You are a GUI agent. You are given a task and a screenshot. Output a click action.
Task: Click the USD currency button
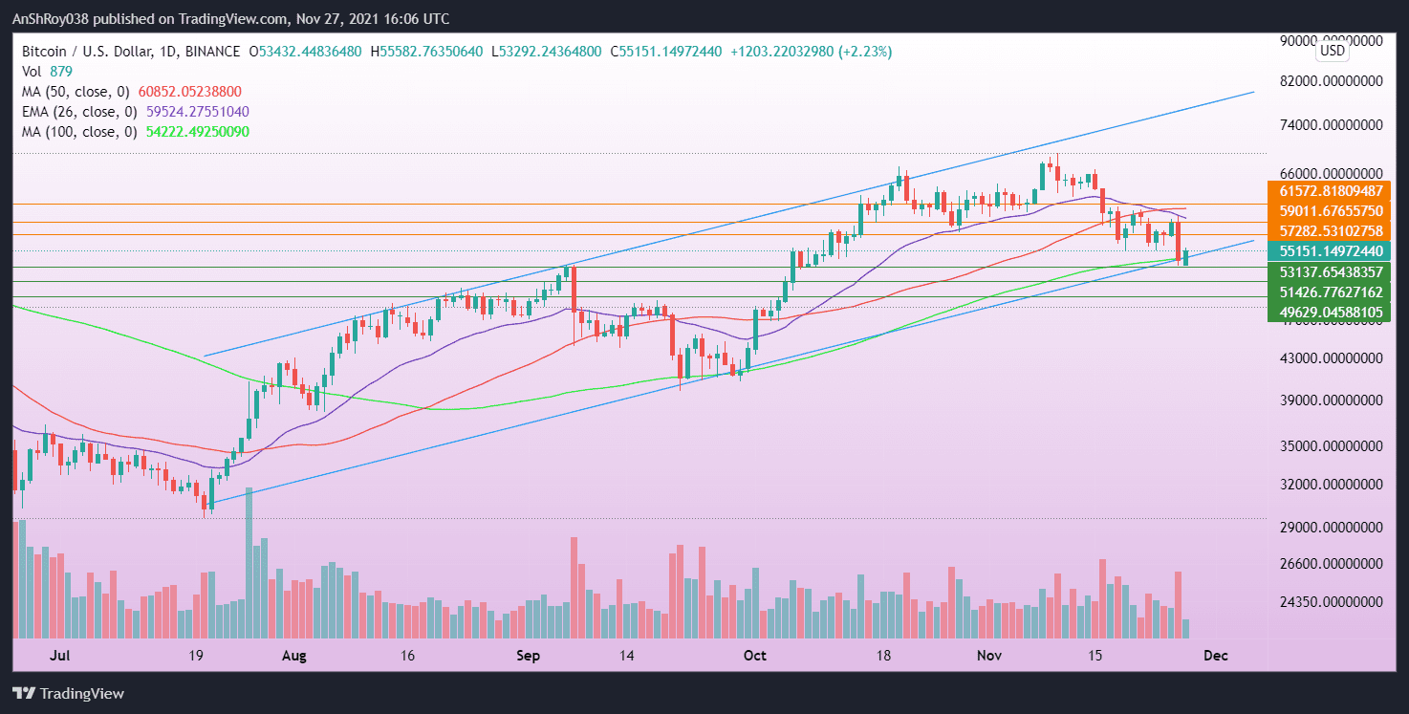pyautogui.click(x=1332, y=51)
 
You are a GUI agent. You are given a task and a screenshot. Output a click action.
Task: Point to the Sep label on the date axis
pyautogui.click(x=528, y=656)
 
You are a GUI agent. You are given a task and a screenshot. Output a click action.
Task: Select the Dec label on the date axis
pyautogui.click(x=1215, y=656)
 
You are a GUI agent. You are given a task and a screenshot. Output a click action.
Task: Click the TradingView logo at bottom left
pyautogui.click(x=69, y=693)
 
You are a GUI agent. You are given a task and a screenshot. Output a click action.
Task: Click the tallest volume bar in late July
pyautogui.click(x=249, y=563)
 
